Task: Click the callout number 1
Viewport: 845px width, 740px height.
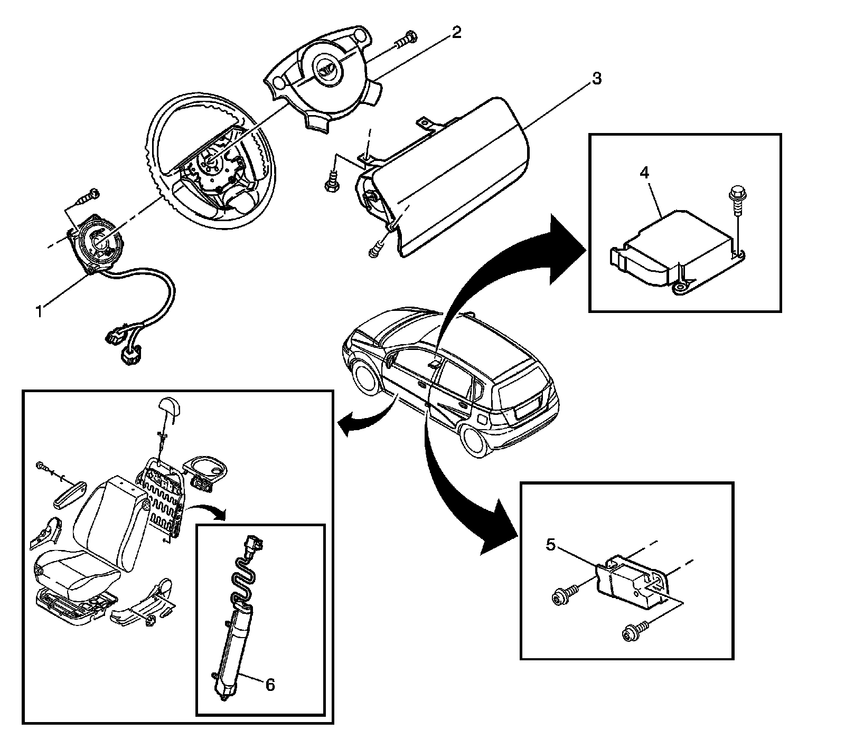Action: click(x=39, y=311)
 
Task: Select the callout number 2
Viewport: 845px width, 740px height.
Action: click(x=456, y=33)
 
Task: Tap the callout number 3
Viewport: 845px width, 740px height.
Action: click(x=596, y=79)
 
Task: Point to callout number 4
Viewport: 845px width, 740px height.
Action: click(x=644, y=173)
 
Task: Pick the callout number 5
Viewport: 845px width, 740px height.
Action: click(x=551, y=545)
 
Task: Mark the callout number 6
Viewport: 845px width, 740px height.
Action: click(x=269, y=685)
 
